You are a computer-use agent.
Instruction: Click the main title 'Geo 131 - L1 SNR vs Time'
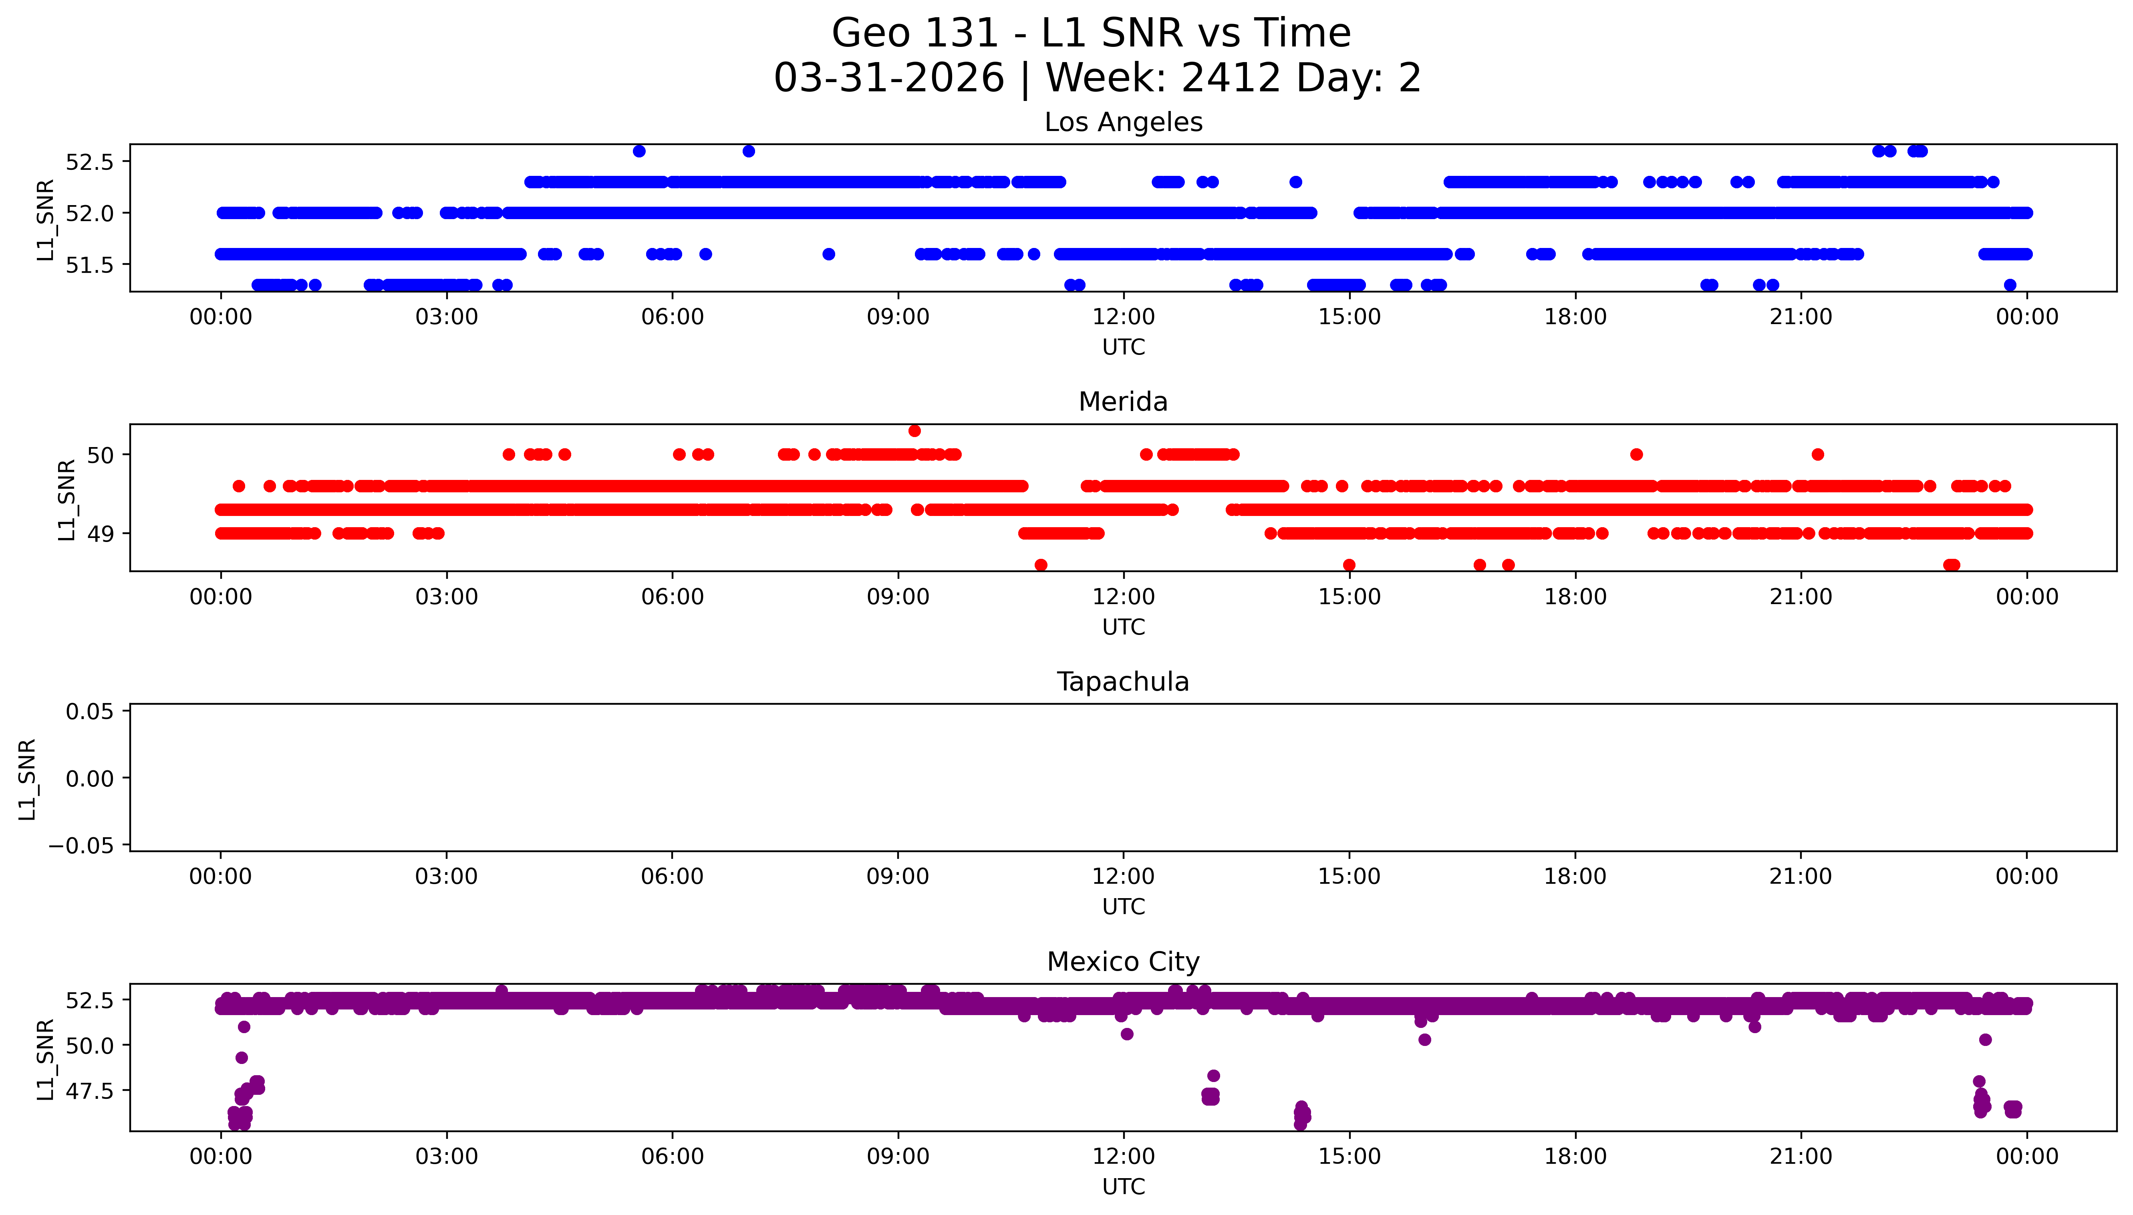pyautogui.click(x=1091, y=33)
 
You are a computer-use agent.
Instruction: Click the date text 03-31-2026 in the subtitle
pyautogui.click(x=888, y=79)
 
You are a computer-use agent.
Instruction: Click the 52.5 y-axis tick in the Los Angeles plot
pyautogui.click(x=89, y=162)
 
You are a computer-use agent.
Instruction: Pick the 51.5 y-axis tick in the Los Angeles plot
pyautogui.click(x=89, y=264)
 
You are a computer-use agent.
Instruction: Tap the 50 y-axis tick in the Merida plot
pyautogui.click(x=100, y=455)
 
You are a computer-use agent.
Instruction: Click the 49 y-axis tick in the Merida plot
pyautogui.click(x=100, y=533)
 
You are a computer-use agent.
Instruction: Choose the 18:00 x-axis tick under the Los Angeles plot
pyautogui.click(x=1575, y=317)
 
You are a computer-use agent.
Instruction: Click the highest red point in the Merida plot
pyautogui.click(x=914, y=431)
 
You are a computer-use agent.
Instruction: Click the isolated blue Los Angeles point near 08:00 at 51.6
pyautogui.click(x=828, y=254)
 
